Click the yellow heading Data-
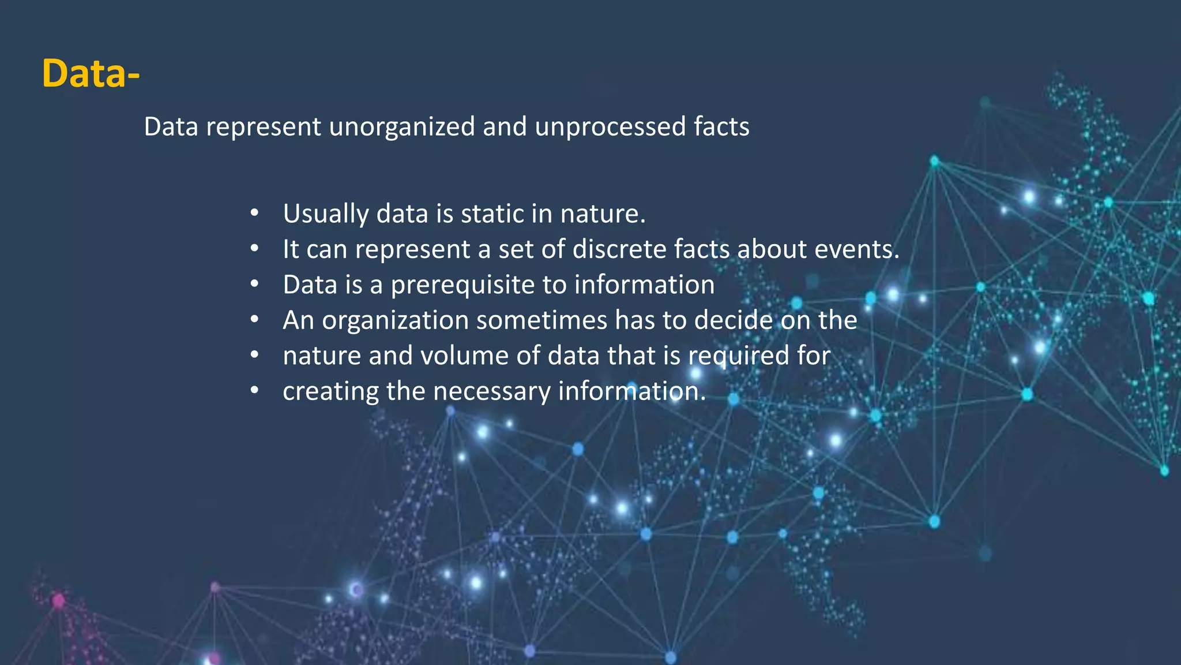coord(91,73)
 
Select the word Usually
coord(325,214)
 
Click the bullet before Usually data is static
coord(254,214)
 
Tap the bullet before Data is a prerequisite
coord(254,285)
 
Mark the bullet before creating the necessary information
coord(254,391)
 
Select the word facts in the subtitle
coord(721,126)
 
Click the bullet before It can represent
coord(254,249)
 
